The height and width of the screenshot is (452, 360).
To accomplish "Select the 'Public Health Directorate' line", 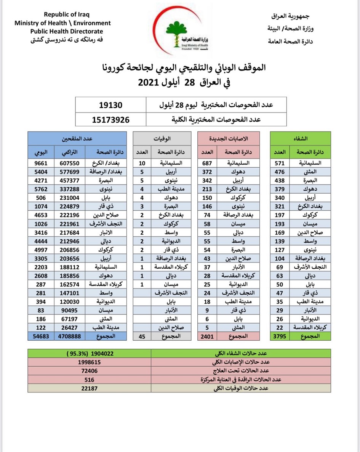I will [67, 32].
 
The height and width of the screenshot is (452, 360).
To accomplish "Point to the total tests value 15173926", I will [110, 119].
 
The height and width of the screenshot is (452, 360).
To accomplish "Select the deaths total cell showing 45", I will [142, 336].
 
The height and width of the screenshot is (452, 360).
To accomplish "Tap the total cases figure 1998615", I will [89, 362].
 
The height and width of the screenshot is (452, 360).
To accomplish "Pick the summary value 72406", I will [89, 371].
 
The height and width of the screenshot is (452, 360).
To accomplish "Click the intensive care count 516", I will [89, 379].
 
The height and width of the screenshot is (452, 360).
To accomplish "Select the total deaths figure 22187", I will [89, 388].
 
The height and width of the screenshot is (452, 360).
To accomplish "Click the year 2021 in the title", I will [149, 82].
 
